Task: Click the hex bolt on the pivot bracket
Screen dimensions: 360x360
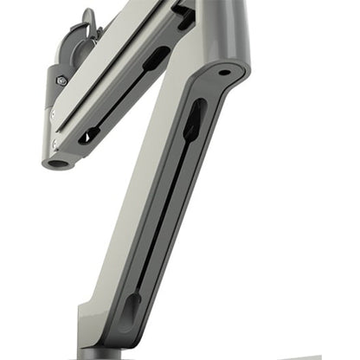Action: point(61,80)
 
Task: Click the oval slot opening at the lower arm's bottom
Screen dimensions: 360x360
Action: point(132,309)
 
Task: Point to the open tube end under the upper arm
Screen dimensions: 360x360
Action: point(59,162)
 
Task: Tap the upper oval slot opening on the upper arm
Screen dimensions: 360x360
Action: point(157,59)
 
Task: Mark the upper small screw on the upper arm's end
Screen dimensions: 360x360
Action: point(51,113)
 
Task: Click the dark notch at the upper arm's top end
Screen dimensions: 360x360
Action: point(183,10)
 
